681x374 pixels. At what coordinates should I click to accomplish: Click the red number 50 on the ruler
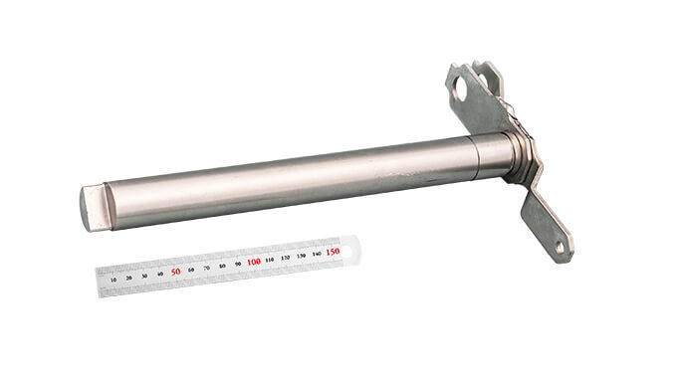point(175,271)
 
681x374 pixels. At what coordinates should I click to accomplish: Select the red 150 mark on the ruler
point(333,252)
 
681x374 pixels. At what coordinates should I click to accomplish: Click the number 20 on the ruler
point(129,278)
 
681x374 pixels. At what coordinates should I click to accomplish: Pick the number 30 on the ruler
point(145,276)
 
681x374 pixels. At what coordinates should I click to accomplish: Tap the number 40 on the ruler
point(160,274)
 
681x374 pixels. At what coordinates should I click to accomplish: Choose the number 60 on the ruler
point(191,270)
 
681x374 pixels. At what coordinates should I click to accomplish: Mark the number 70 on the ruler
point(207,268)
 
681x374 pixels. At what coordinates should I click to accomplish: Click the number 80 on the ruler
point(222,266)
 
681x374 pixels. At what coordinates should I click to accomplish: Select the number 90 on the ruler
point(238,264)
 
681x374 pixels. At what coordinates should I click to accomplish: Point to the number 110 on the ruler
point(270,260)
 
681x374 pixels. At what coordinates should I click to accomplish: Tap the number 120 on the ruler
point(286,258)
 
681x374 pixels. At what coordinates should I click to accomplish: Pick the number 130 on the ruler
point(302,256)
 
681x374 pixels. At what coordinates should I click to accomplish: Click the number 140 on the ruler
point(317,254)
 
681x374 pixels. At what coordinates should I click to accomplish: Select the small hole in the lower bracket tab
point(559,244)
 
